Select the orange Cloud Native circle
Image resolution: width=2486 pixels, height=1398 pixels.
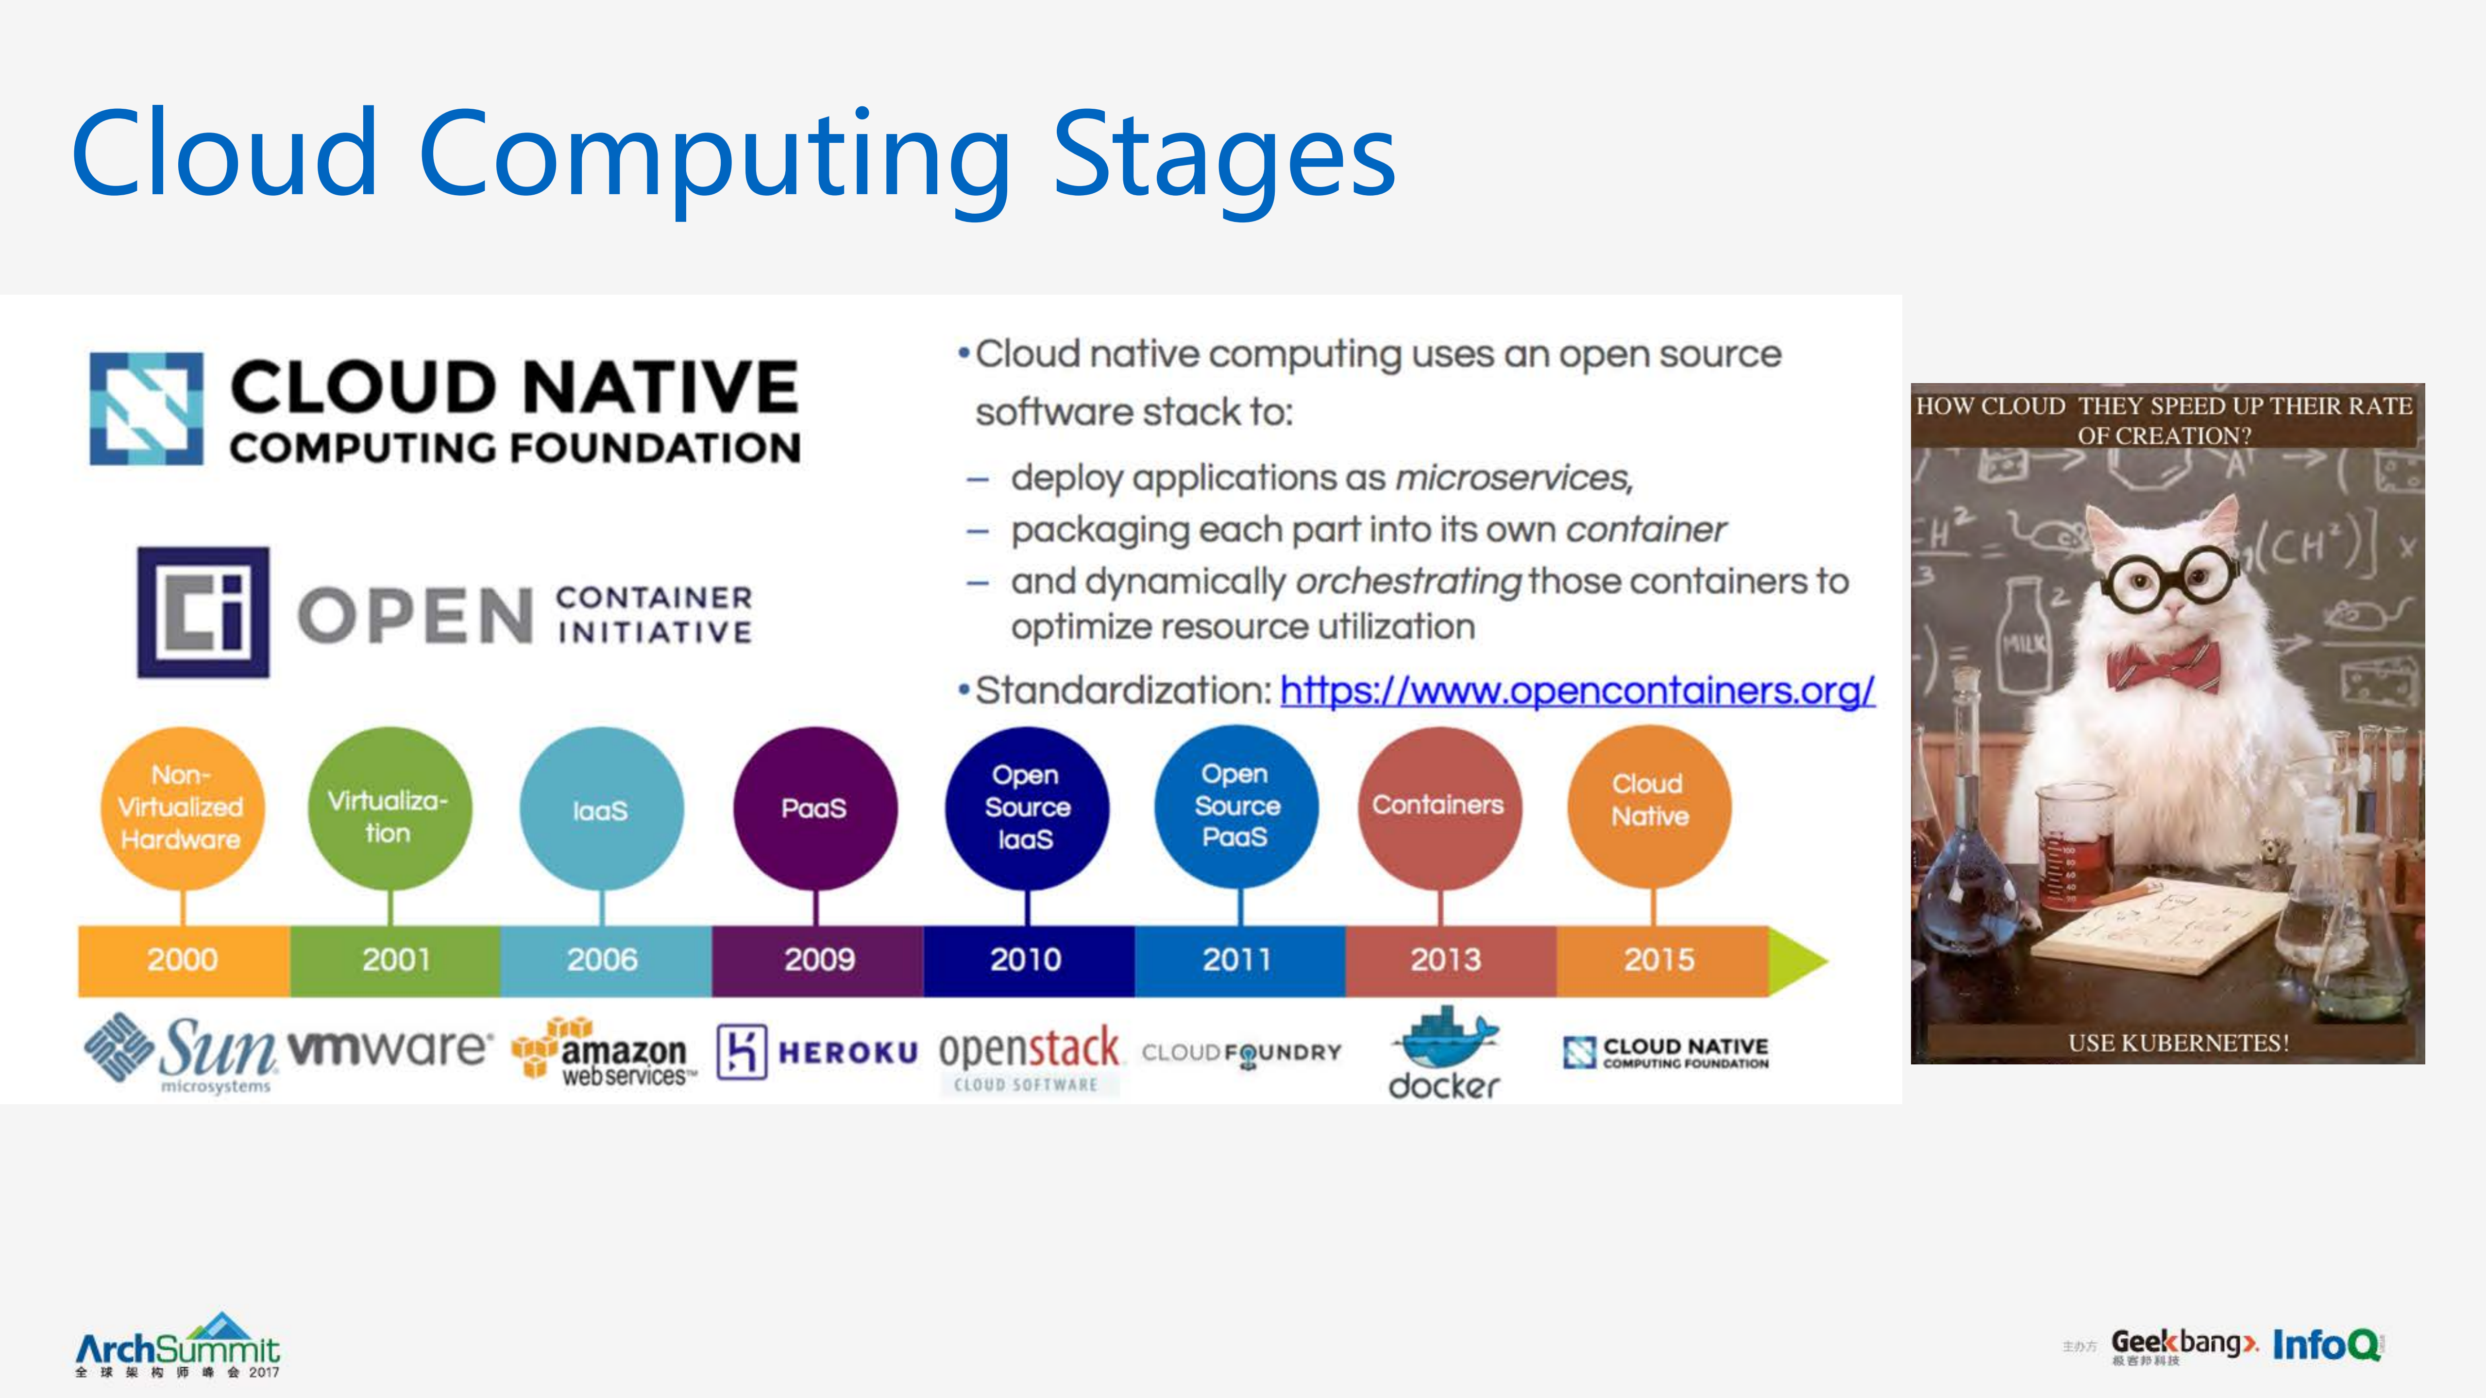[x=1649, y=807]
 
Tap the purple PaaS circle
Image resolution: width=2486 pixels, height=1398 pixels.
[x=814, y=808]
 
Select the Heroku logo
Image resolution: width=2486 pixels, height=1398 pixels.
[x=817, y=1052]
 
